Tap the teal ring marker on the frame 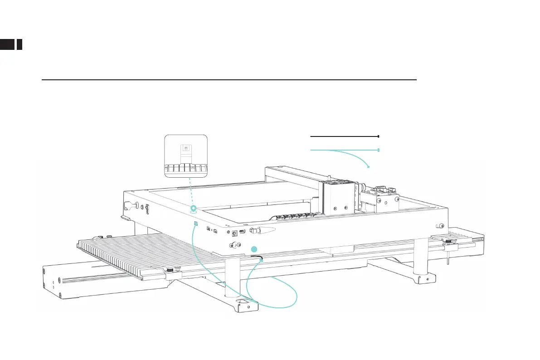tap(194, 209)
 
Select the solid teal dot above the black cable tap(254, 248)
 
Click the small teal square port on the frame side tap(195, 224)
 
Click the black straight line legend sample tap(344, 136)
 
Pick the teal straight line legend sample tap(344, 150)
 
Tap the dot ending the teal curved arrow tap(369, 167)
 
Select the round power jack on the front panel tap(235, 234)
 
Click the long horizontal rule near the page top tap(229, 80)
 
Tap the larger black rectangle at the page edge tap(7, 44)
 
